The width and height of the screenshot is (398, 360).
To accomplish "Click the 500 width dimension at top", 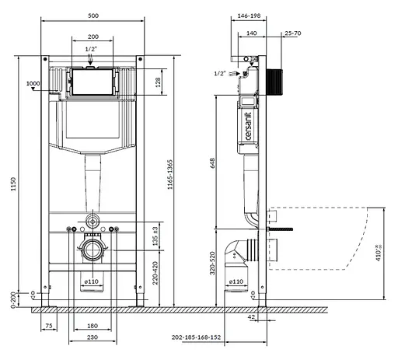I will [93, 15].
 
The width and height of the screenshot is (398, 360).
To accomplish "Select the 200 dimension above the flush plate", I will [93, 37].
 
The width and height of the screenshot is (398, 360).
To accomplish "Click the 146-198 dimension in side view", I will [249, 15].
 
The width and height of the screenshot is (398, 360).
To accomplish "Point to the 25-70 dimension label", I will [293, 34].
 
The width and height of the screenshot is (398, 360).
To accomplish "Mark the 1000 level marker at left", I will [32, 83].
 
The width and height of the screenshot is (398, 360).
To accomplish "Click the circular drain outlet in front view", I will [93, 251].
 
